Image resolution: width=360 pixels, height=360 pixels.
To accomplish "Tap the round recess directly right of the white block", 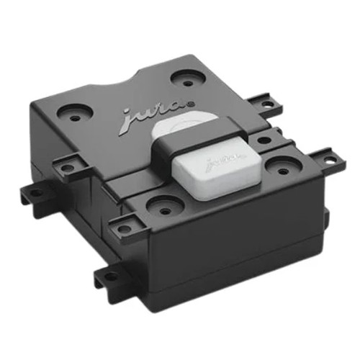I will point(275,163).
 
